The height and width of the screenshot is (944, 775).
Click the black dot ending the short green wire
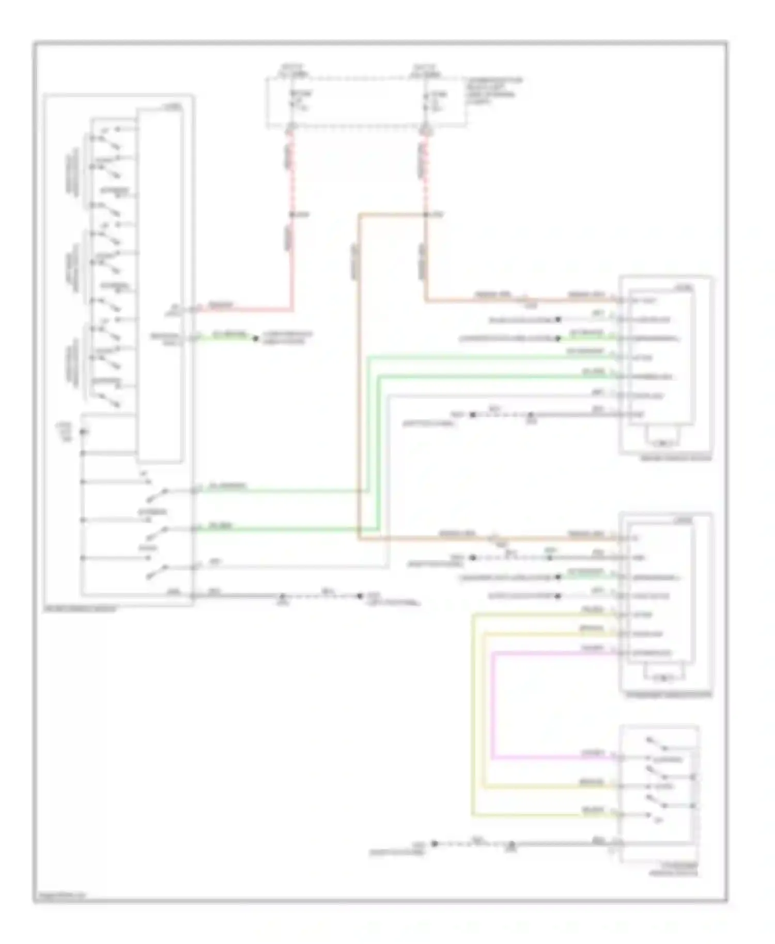point(255,339)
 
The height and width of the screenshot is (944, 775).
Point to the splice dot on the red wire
point(291,214)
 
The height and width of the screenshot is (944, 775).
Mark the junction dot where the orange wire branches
point(425,214)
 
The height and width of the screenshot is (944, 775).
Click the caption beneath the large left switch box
point(81,609)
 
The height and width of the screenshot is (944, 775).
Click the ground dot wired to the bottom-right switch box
point(435,844)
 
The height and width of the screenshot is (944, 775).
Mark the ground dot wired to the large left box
point(360,596)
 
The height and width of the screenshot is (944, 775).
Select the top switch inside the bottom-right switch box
point(656,744)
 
